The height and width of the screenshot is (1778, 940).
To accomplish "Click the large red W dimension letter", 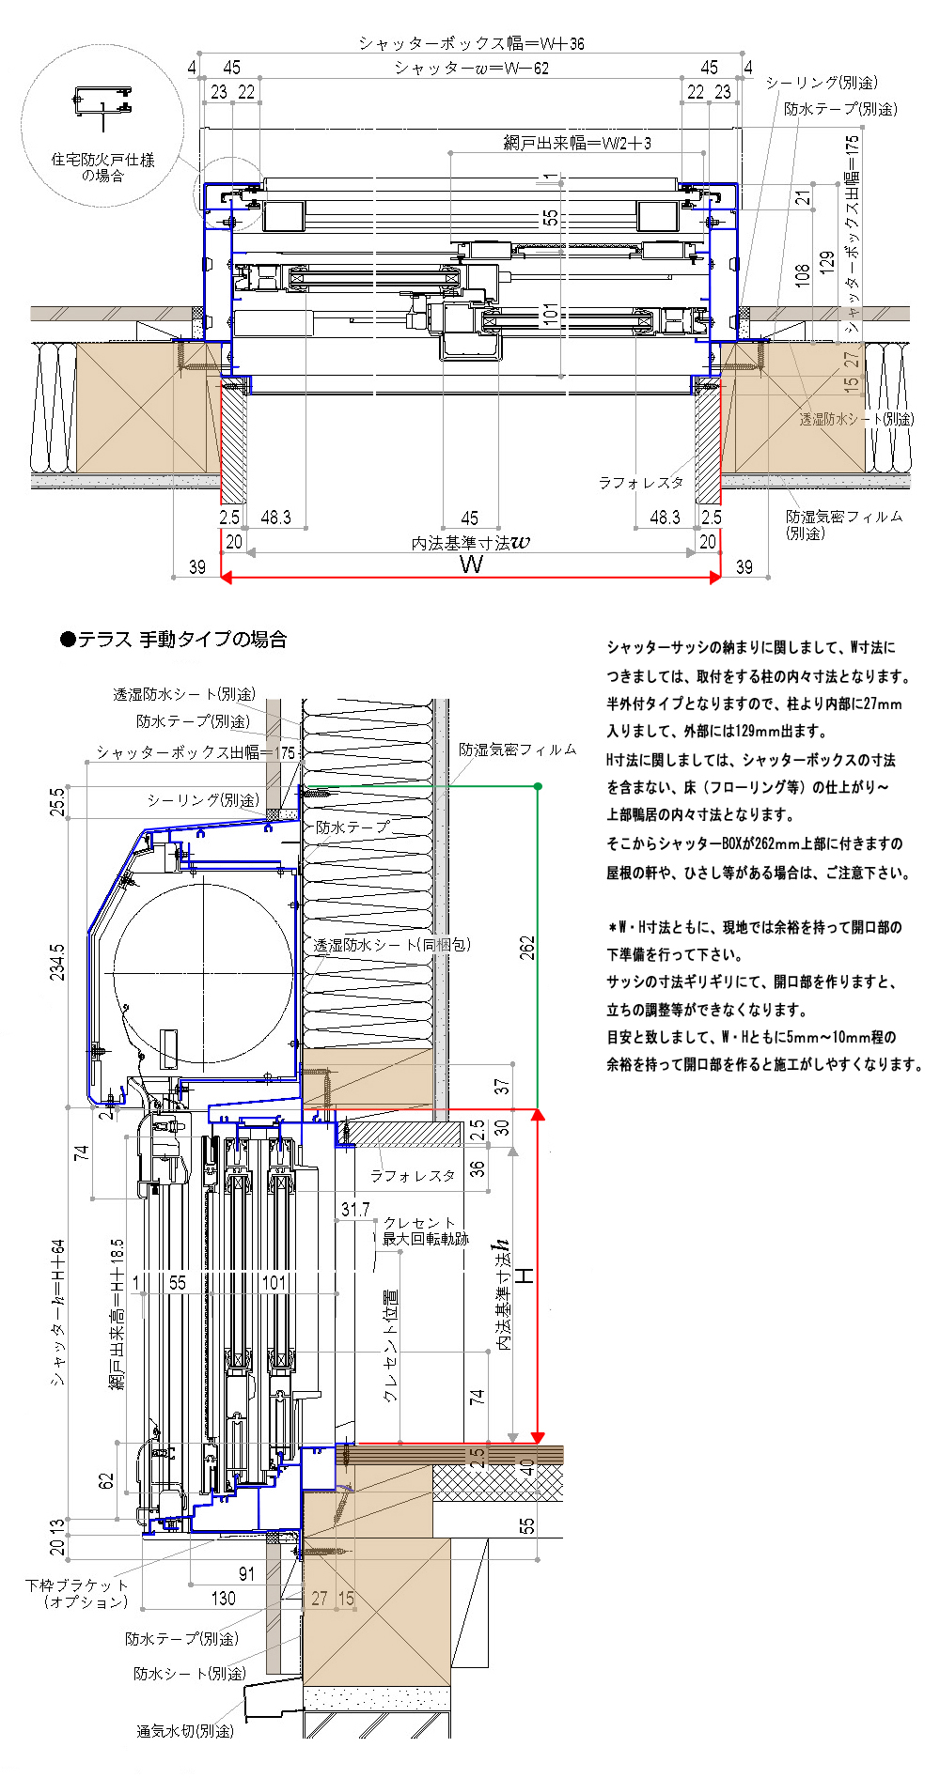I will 471,564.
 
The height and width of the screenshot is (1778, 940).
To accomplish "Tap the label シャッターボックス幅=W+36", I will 471,43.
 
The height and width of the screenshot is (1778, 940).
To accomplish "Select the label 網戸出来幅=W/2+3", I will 577,143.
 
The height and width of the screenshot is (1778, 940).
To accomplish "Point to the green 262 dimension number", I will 527,947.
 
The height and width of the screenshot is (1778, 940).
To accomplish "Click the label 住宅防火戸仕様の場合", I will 102,167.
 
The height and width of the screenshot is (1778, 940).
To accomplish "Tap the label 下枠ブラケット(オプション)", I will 77,1593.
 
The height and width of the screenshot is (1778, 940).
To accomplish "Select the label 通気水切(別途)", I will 185,1730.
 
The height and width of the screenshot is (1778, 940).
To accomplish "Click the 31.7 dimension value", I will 355,1210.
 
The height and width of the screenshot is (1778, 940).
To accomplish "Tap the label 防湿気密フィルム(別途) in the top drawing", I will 843,524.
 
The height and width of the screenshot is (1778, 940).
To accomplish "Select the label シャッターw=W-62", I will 472,68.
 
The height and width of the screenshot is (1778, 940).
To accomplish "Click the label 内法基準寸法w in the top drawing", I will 470,543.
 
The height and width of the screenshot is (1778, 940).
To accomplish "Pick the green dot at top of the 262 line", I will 538,786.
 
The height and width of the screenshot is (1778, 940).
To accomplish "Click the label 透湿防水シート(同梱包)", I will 392,945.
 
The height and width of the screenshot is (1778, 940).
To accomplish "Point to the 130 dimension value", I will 223,1598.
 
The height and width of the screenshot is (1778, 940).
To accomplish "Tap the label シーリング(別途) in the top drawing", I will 821,83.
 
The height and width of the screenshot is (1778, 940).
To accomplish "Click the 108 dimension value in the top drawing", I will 802,274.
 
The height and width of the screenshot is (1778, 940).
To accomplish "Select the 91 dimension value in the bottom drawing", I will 246,1574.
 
